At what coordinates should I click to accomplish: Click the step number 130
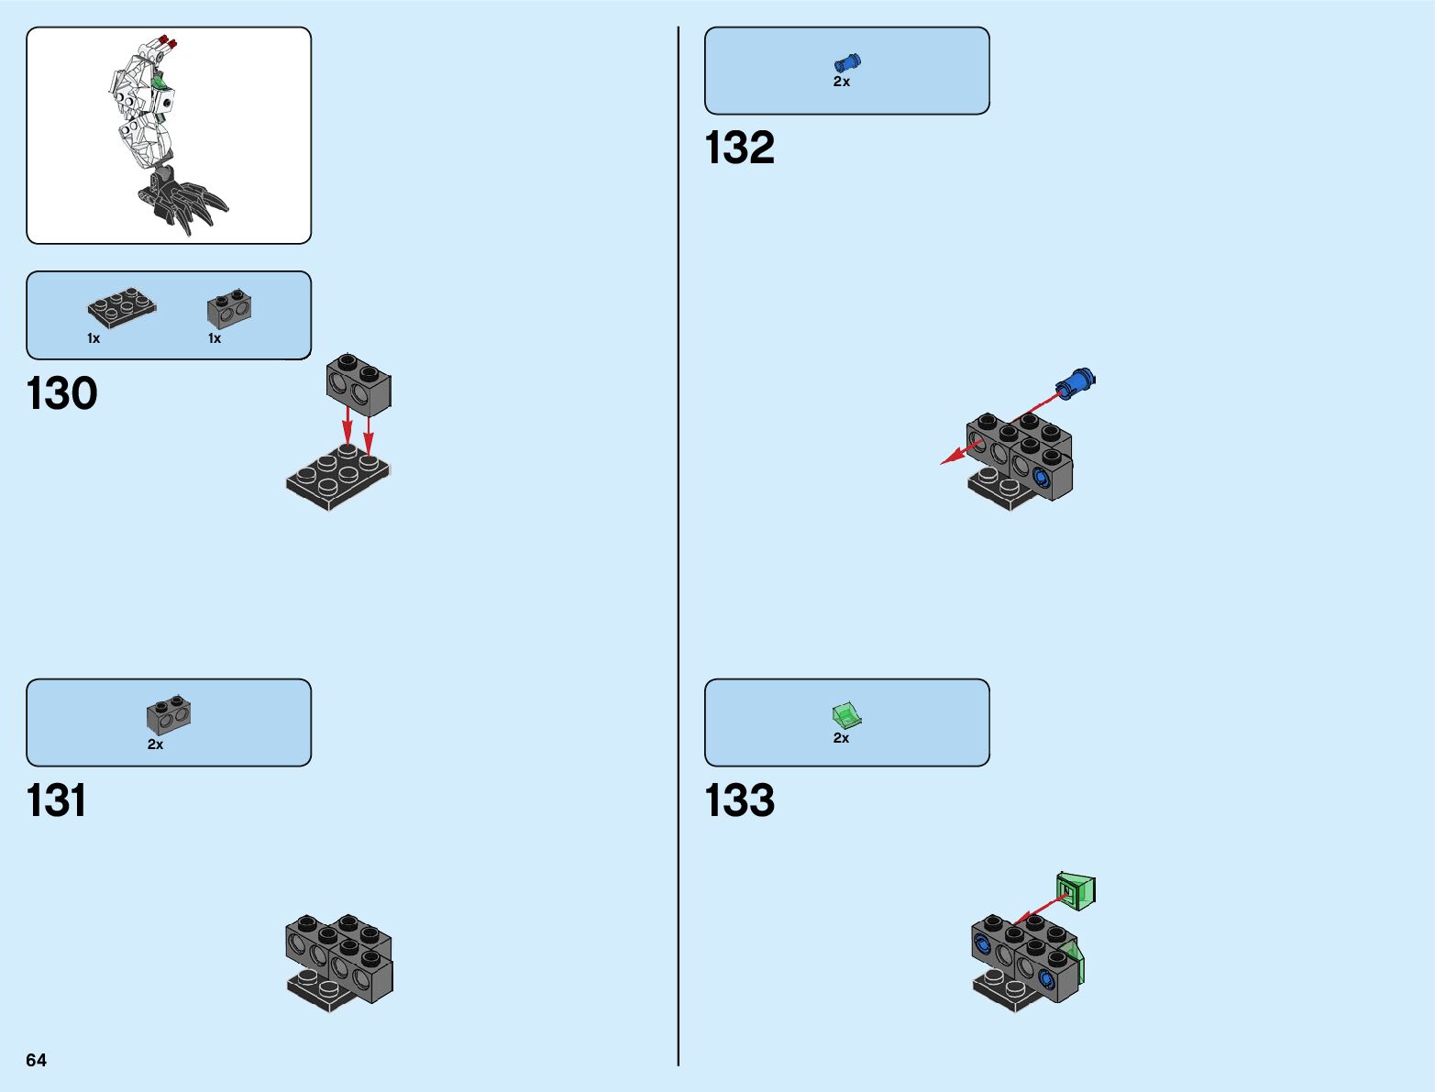coord(61,393)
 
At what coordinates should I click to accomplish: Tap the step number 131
coord(57,800)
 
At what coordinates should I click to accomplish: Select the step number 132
coord(739,148)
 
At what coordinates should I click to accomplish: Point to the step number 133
coord(739,800)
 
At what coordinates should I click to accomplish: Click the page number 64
coord(36,1060)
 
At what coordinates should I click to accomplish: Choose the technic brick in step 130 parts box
coord(229,308)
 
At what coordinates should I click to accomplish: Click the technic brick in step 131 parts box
coord(169,716)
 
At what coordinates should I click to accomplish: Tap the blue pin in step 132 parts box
coord(847,62)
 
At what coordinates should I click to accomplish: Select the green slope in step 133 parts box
coord(846,714)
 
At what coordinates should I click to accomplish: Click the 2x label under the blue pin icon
coord(841,82)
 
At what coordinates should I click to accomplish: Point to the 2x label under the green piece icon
coord(841,738)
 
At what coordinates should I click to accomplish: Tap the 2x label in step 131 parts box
coord(155,745)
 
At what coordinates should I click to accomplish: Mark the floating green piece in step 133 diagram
coord(1076,890)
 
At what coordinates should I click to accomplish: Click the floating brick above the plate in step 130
coord(359,383)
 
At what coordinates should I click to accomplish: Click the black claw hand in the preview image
coord(183,202)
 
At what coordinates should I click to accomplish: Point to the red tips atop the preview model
coord(167,42)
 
